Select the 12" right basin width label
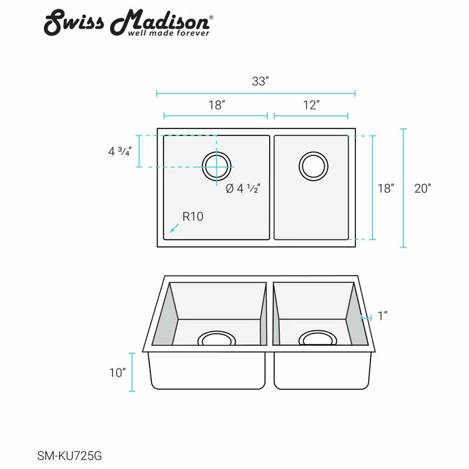click(311, 106)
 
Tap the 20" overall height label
click(422, 189)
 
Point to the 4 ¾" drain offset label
click(120, 151)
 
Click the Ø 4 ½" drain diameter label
click(243, 189)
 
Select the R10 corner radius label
click(192, 216)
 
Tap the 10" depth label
click(117, 372)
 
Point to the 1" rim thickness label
click(383, 317)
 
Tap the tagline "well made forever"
click(169, 33)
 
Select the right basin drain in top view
click(313, 166)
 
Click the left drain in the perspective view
click(216, 339)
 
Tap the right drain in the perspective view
click(318, 338)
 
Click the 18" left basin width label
click(216, 106)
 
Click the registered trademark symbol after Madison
click(211, 18)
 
